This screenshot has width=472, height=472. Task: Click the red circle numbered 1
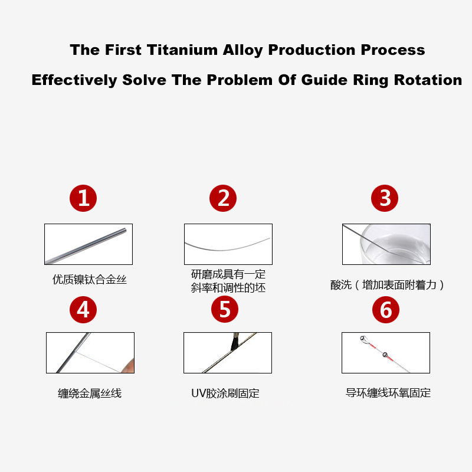(x=83, y=198)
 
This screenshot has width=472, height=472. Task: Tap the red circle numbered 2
(x=223, y=198)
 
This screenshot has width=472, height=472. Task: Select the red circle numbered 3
(x=385, y=198)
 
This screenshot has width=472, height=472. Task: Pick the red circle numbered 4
(x=83, y=309)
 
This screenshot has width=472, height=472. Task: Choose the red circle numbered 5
(x=225, y=309)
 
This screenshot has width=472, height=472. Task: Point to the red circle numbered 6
(x=386, y=309)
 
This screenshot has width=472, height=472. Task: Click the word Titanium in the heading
(x=182, y=50)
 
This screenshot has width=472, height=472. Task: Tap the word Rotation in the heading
(x=428, y=80)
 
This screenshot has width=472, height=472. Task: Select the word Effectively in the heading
(x=74, y=80)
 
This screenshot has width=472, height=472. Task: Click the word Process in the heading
(x=393, y=50)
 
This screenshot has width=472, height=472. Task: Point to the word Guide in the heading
(x=324, y=80)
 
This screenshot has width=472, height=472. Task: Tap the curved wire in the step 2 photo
(x=227, y=247)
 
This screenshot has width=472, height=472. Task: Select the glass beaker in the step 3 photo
(x=395, y=244)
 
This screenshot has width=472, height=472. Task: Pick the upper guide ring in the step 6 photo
(x=364, y=340)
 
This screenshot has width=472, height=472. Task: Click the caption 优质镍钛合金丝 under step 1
(x=90, y=280)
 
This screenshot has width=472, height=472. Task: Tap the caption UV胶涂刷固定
(x=225, y=393)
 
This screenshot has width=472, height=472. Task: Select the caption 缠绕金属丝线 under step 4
(x=90, y=393)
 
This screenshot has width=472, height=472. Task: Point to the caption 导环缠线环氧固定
(x=388, y=393)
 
